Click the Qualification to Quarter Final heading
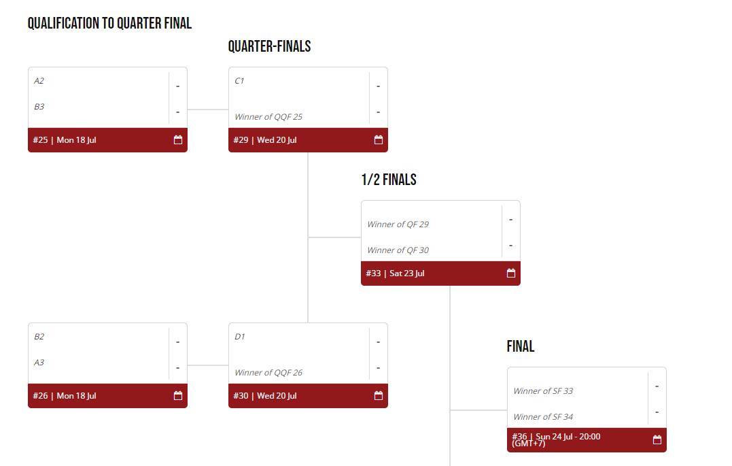pyautogui.click(x=109, y=24)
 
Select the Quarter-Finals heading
pyautogui.click(x=269, y=47)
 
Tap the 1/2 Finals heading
pyautogui.click(x=389, y=180)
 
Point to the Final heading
pyautogui.click(x=521, y=347)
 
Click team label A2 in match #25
pyautogui.click(x=39, y=81)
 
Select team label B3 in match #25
pyautogui.click(x=39, y=107)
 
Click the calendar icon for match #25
pyautogui.click(x=178, y=140)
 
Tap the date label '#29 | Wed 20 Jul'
pyautogui.click(x=265, y=140)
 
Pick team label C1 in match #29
pyautogui.click(x=239, y=81)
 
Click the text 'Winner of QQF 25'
pyautogui.click(x=268, y=117)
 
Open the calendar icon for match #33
pyautogui.click(x=511, y=273)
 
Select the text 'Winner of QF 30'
pyautogui.click(x=398, y=250)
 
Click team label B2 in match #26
pyautogui.click(x=39, y=337)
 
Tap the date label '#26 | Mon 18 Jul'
pyautogui.click(x=65, y=396)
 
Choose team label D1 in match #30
pyautogui.click(x=239, y=337)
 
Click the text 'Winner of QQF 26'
pyautogui.click(x=268, y=373)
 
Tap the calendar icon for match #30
pyautogui.click(x=379, y=396)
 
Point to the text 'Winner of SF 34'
pyautogui.click(x=542, y=417)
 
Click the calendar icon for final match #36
pyautogui.click(x=657, y=440)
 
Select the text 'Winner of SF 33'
pyautogui.click(x=542, y=391)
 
